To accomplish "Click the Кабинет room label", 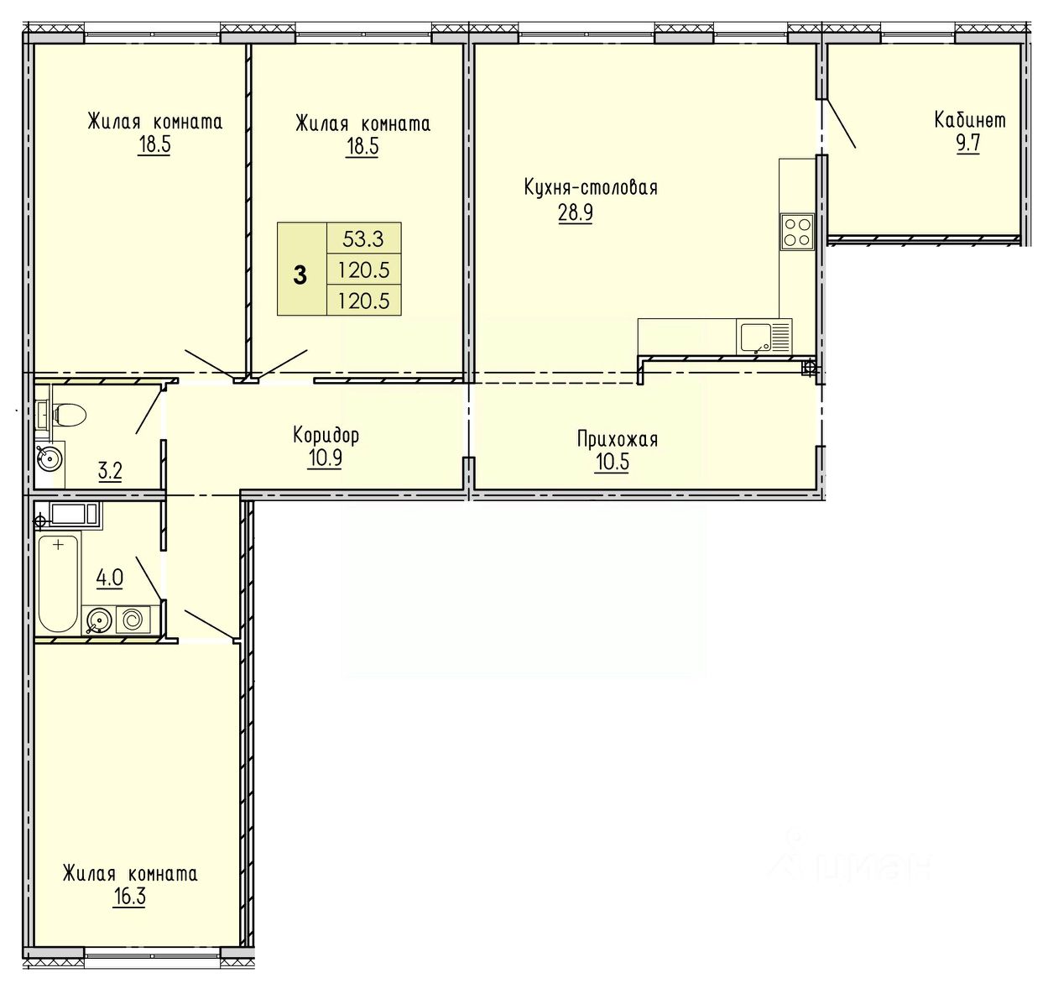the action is click(970, 120).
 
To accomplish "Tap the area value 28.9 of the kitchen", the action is click(575, 212).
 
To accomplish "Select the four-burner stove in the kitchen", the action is click(797, 232).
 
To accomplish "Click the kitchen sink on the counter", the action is click(755, 337).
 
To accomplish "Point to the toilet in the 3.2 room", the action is click(65, 415).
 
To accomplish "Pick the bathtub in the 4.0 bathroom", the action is click(59, 583).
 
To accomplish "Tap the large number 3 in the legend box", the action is click(300, 276).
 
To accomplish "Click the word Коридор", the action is click(326, 436).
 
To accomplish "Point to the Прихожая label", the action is click(618, 440).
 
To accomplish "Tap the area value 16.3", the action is click(129, 897).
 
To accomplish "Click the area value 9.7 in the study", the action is click(967, 144).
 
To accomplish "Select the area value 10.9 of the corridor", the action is click(325, 458).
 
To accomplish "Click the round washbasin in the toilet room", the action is click(49, 458).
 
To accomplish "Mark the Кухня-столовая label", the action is click(591, 188).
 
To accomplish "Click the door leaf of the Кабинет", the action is click(839, 123).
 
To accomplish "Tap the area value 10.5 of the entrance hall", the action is click(612, 462).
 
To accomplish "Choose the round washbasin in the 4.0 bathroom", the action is click(98, 620).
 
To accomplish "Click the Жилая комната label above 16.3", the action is click(130, 874).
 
